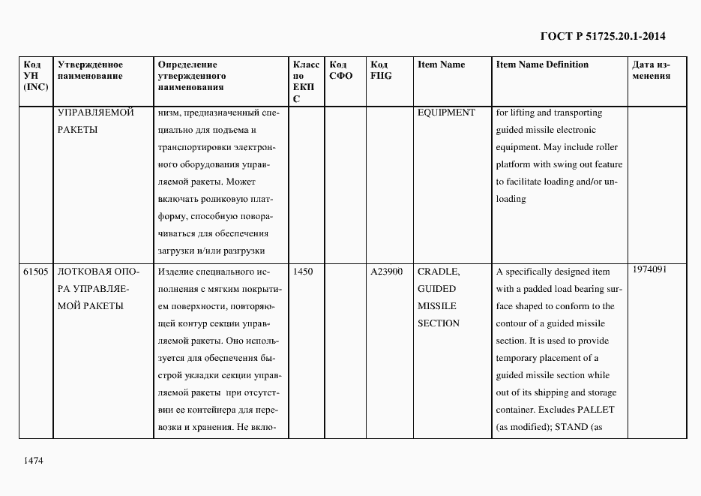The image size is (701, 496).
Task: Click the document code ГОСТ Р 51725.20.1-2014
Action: (x=603, y=36)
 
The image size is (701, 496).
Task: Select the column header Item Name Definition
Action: (x=542, y=65)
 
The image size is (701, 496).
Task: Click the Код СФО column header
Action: (x=340, y=70)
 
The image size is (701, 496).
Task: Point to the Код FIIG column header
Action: (x=381, y=70)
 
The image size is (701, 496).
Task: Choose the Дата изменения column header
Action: (x=652, y=70)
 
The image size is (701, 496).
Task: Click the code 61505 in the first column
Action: (x=35, y=272)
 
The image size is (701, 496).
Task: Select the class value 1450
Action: (x=303, y=272)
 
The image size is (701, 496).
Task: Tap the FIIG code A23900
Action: (x=387, y=272)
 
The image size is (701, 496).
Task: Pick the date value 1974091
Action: (x=649, y=269)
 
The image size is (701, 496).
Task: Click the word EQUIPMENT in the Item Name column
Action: (x=446, y=113)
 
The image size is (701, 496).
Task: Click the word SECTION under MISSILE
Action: (x=439, y=323)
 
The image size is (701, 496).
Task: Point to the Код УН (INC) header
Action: (x=35, y=76)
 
